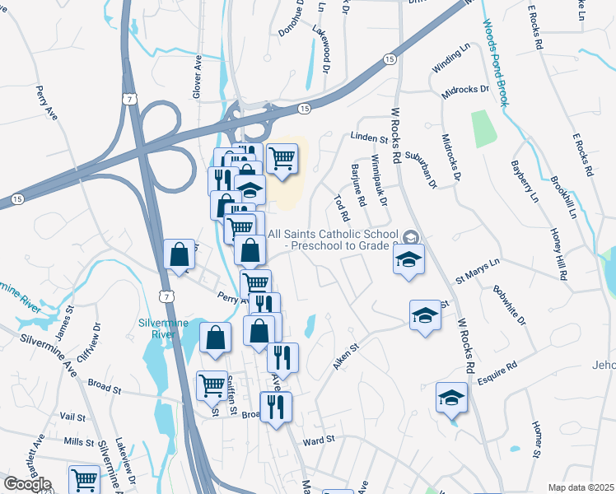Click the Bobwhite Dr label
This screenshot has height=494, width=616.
[506, 305]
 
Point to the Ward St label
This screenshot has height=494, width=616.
[319, 440]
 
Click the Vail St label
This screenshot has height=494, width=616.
[72, 417]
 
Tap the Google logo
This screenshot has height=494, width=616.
[27, 484]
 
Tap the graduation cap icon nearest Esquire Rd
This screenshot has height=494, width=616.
[451, 398]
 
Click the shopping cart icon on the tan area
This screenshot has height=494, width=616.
[282, 156]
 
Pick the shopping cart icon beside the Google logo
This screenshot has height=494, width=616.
[84, 478]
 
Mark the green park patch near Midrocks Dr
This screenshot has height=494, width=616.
[483, 129]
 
